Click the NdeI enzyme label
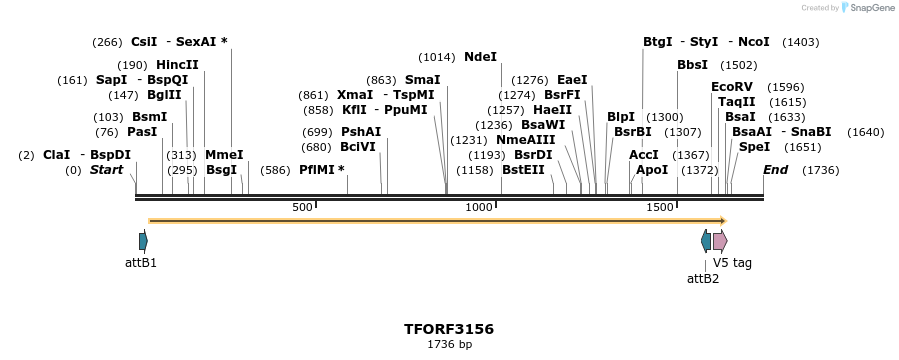point(480,57)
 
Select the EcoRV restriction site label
point(731,87)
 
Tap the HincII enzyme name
point(177,64)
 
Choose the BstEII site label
point(523,170)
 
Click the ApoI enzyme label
point(652,170)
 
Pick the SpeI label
point(755,147)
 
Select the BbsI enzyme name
point(692,64)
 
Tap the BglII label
point(164,95)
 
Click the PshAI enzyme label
point(361,132)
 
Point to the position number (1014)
point(436,57)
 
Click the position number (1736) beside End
point(821,170)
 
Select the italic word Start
point(106,170)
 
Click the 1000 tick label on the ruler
point(480,207)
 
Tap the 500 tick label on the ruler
point(302,207)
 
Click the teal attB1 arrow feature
point(143,241)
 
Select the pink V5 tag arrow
point(720,241)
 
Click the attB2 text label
point(702,278)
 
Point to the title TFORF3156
point(449,328)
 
